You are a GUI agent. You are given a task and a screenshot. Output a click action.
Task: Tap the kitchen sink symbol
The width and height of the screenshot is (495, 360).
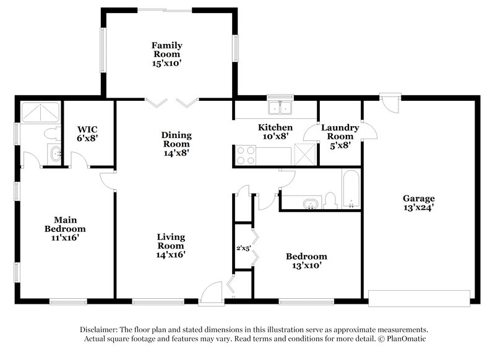[280, 109]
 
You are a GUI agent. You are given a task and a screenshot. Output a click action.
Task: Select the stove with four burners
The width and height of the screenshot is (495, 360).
[244, 154]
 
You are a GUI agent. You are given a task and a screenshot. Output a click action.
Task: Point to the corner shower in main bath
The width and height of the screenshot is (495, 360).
[40, 112]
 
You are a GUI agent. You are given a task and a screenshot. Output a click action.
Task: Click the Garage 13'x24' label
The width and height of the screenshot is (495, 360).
[418, 204]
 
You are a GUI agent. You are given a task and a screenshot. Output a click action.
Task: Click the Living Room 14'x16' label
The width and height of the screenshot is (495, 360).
[171, 246]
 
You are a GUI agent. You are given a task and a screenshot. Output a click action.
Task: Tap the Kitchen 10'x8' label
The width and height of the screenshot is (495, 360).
[275, 132]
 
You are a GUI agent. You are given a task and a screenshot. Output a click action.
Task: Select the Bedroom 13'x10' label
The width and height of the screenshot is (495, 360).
[306, 261]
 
